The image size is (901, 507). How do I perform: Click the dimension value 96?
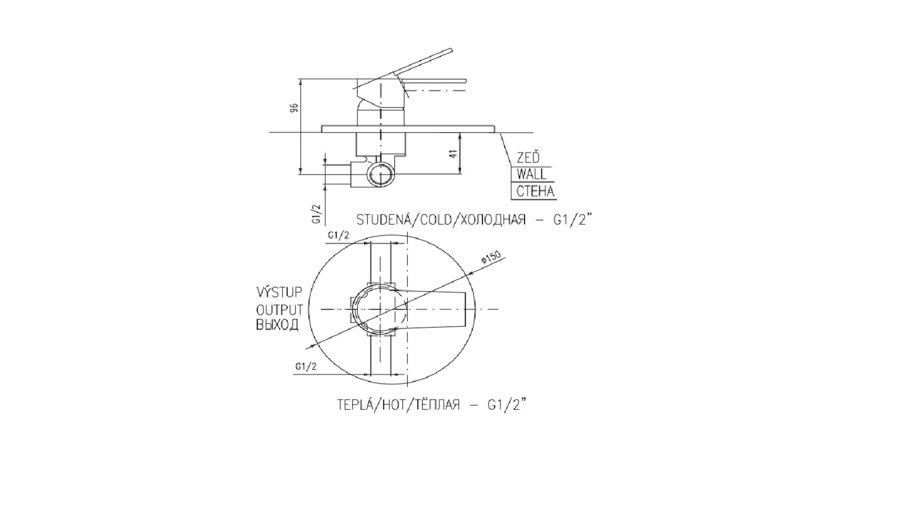point(294,108)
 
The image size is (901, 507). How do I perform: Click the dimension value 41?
point(454,154)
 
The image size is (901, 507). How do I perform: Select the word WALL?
point(531,174)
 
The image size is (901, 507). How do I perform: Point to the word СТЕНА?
point(535,192)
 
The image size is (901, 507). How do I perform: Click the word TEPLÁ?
point(354,404)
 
